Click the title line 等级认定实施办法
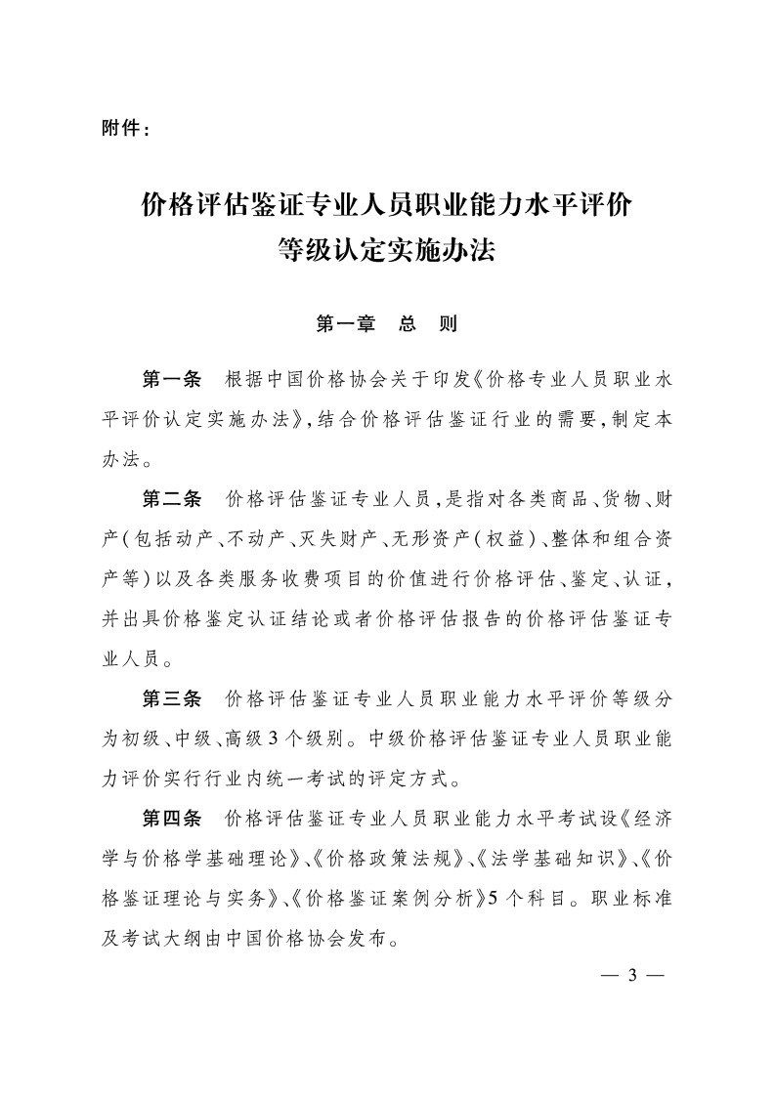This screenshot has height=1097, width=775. (387, 252)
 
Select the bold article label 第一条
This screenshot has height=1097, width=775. (171, 379)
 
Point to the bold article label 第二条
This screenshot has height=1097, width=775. (171, 500)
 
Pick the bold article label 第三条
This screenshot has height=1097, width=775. (171, 697)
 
